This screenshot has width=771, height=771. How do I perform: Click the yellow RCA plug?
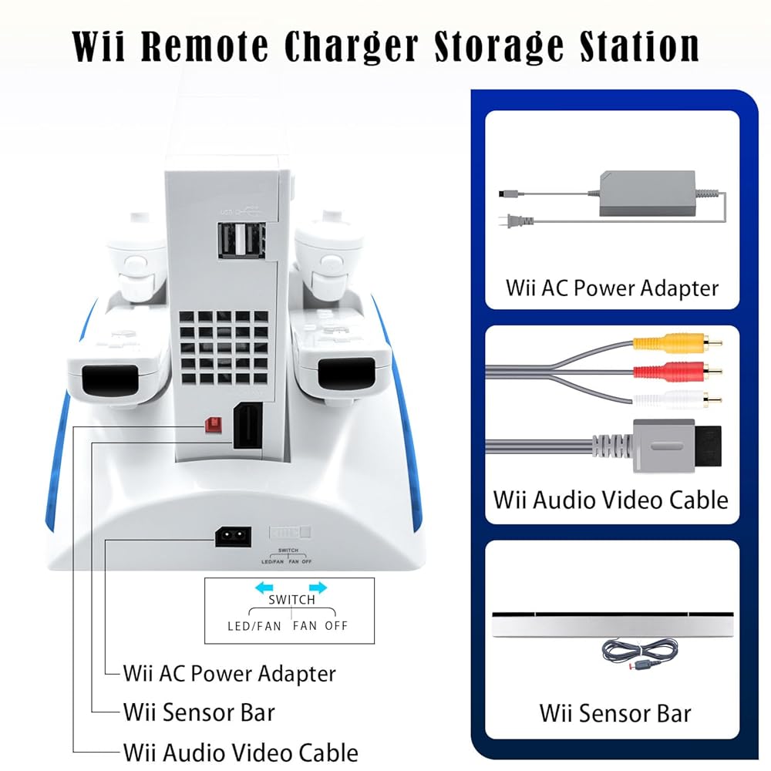pos(655,342)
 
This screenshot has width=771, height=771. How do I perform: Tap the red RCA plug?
pos(655,371)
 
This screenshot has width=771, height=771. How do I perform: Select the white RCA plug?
pos(655,399)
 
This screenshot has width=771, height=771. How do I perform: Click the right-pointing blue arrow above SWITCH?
pos(318,588)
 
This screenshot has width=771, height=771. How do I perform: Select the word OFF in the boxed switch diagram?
pos(337,625)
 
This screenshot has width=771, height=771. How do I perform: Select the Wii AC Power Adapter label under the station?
pos(230,673)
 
